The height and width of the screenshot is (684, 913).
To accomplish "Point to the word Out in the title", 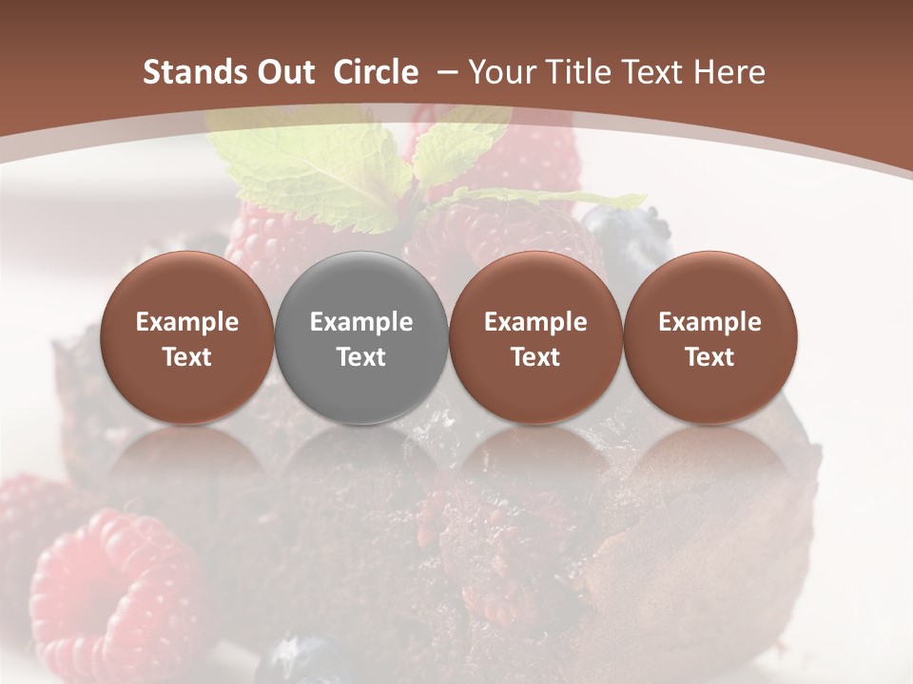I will (x=286, y=72).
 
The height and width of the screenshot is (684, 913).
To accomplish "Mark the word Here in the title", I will (x=729, y=72).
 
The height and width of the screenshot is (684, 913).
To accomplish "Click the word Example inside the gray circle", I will (x=361, y=322).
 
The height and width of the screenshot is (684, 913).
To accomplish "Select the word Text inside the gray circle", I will (x=361, y=357).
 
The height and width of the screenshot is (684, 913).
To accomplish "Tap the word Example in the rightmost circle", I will (x=709, y=322).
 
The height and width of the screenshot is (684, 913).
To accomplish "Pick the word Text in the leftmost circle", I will (x=186, y=357).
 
